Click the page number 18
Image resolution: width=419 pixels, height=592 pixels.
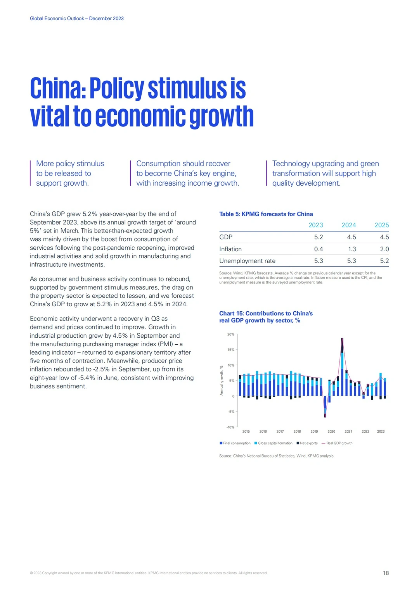tap(386, 573)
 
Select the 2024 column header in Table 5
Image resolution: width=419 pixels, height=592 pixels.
tap(349, 225)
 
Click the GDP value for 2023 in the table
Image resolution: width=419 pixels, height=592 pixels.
tap(319, 237)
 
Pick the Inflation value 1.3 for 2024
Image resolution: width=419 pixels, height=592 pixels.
tap(352, 249)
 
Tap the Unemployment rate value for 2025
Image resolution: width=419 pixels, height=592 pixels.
tap(384, 261)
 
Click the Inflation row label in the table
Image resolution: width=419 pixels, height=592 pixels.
tap(230, 249)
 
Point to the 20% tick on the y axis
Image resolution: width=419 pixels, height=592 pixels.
tap(231, 334)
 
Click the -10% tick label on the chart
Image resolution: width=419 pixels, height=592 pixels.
tap(230, 427)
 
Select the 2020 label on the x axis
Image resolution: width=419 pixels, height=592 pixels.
tap(331, 431)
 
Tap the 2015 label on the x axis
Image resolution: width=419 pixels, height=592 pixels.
tap(246, 431)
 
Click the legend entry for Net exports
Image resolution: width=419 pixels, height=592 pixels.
tap(307, 443)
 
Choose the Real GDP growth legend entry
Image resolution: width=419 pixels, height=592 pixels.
tap(337, 443)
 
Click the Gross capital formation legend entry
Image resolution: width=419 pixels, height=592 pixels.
tap(274, 443)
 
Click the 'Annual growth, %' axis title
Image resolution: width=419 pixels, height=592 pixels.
tap(222, 381)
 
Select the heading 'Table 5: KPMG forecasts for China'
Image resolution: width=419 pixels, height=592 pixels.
tap(266, 214)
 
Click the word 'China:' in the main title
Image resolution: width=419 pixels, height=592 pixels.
tap(58, 88)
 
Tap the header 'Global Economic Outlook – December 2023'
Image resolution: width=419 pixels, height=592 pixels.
tap(77, 19)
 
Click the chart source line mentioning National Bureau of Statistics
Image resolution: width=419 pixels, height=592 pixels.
tap(277, 456)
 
